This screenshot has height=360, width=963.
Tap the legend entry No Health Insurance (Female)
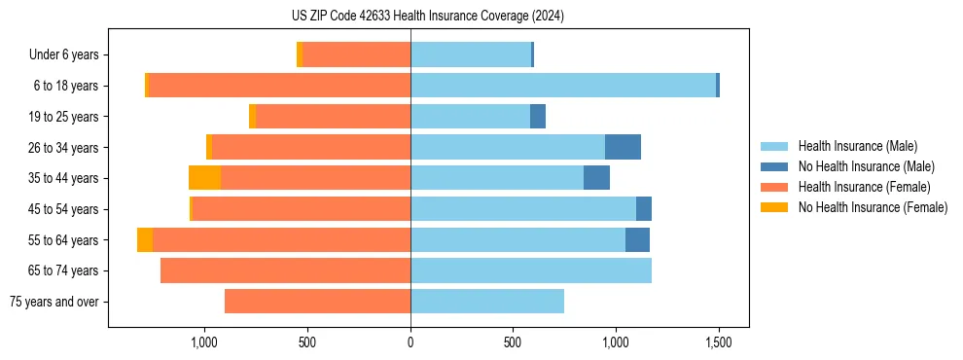pyautogui.click(x=873, y=207)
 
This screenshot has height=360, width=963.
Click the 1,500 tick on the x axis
pyautogui.click(x=718, y=342)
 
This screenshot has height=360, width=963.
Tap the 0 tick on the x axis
pyautogui.click(x=410, y=342)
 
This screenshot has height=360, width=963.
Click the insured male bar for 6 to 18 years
pyautogui.click(x=563, y=86)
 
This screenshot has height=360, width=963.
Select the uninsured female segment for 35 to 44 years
pyautogui.click(x=204, y=178)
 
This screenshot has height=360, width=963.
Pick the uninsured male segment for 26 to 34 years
pyautogui.click(x=623, y=147)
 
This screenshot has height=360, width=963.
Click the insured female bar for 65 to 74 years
pyautogui.click(x=285, y=270)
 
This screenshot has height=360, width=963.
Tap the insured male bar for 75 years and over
pyautogui.click(x=487, y=302)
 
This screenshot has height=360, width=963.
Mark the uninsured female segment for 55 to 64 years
pyautogui.click(x=145, y=239)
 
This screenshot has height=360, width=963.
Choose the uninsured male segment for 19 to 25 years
pyautogui.click(x=538, y=117)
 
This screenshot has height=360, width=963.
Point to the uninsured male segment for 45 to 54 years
pyautogui.click(x=644, y=209)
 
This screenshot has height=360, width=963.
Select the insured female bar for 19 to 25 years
pyautogui.click(x=333, y=117)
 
